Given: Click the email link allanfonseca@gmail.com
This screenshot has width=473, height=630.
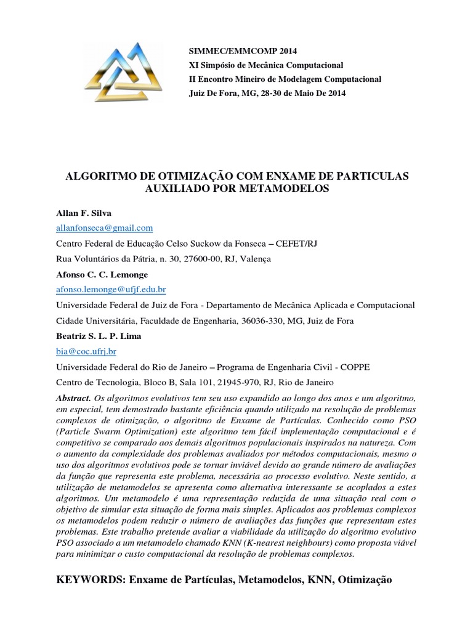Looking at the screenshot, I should pos(104,228).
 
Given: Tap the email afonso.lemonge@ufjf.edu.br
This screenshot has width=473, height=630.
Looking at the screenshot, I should pos(111,289).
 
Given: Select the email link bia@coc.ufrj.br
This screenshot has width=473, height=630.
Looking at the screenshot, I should pos(86,351).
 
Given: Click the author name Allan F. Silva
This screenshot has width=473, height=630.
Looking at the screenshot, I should pos(81,212).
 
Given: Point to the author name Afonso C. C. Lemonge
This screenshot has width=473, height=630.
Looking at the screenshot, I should pos(103,274).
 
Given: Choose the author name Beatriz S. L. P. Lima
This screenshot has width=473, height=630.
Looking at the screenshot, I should pos(99,336).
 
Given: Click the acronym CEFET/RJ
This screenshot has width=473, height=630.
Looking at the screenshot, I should pos(333,243).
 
